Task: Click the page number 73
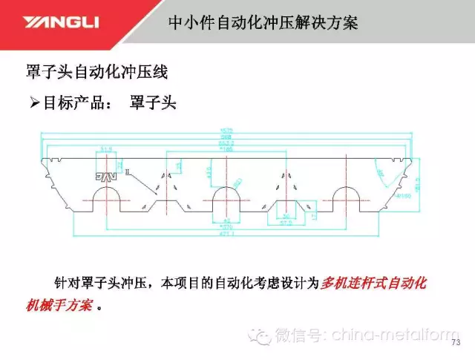coord(456,342)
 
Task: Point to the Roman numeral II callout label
coord(127,172)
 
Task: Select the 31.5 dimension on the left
coord(105,149)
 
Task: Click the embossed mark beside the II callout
coord(105,177)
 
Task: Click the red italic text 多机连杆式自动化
coord(375,283)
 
